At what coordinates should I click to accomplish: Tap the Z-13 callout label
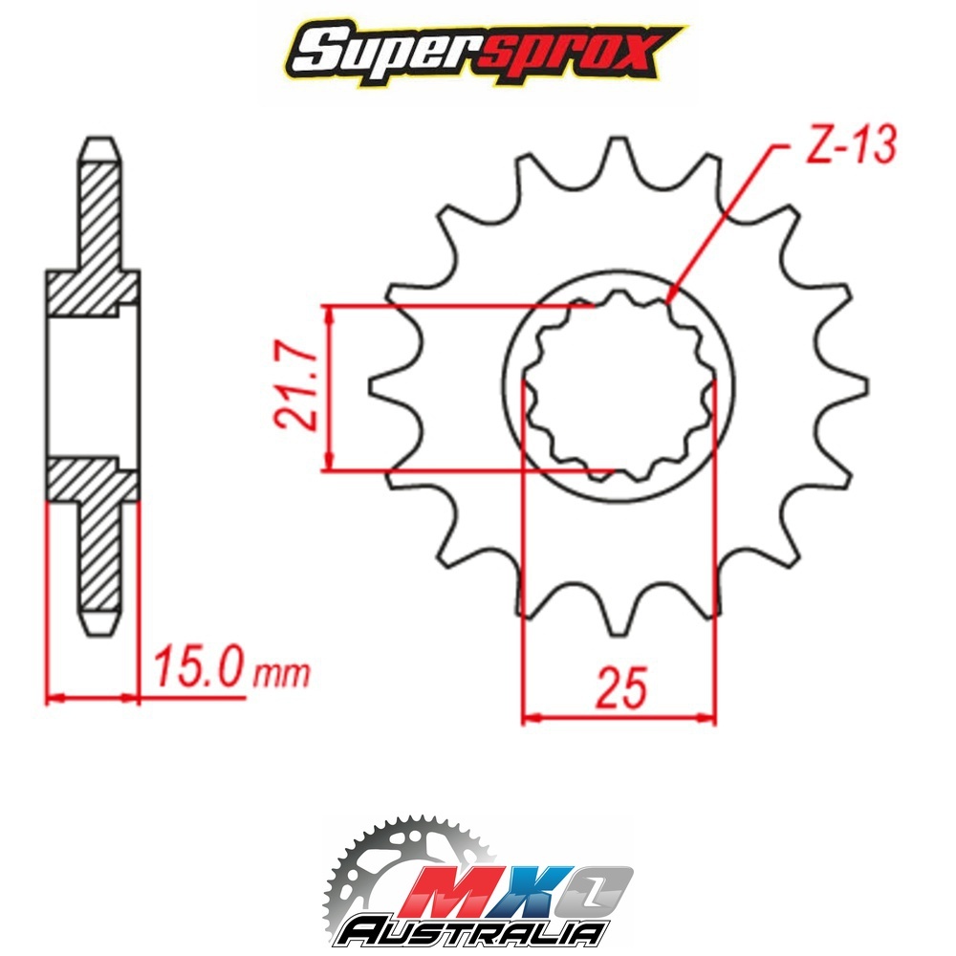coord(851,145)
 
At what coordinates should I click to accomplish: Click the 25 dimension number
coord(621,687)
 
